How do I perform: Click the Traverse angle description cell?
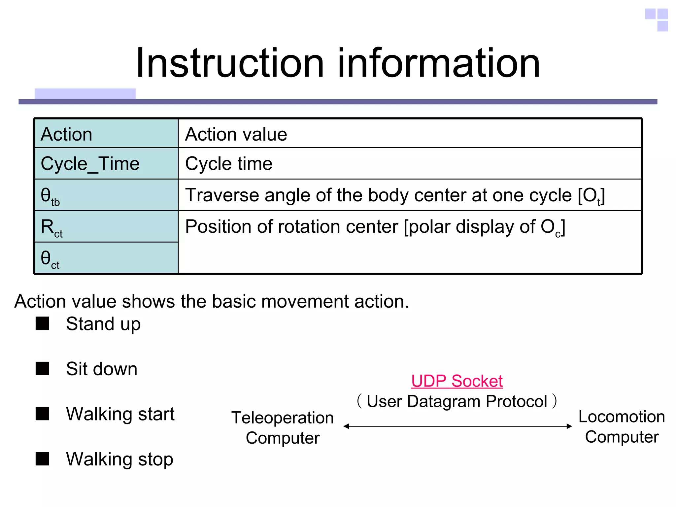click(x=394, y=195)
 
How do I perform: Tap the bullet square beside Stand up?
click(x=42, y=323)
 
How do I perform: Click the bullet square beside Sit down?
click(x=42, y=368)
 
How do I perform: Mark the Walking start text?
click(x=120, y=414)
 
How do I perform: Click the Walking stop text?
click(x=119, y=459)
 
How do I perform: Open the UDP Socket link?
click(x=457, y=381)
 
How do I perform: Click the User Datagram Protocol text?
click(x=457, y=402)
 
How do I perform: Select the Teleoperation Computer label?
click(x=283, y=428)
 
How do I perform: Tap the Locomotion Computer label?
click(x=622, y=426)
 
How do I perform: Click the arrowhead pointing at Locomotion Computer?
click(x=569, y=426)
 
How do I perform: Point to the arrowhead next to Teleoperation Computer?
click(x=346, y=426)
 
